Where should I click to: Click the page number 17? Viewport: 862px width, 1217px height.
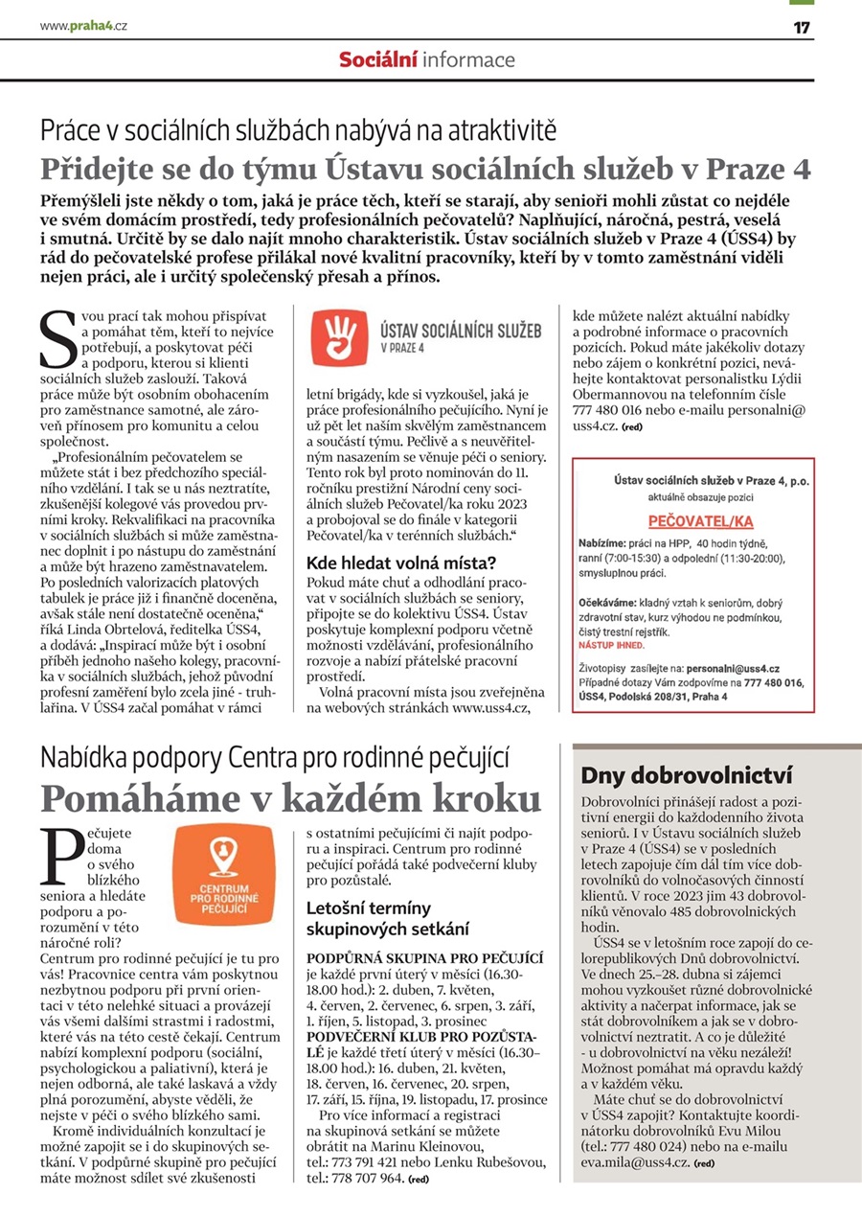802,27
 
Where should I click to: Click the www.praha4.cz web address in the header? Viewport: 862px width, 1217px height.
83,26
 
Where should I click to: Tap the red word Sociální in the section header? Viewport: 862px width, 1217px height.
377,59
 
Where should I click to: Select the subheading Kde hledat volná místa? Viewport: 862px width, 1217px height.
401,563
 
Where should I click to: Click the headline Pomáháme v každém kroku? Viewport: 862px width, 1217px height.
290,797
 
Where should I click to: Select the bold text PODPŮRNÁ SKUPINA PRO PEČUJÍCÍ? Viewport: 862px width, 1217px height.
425,957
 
